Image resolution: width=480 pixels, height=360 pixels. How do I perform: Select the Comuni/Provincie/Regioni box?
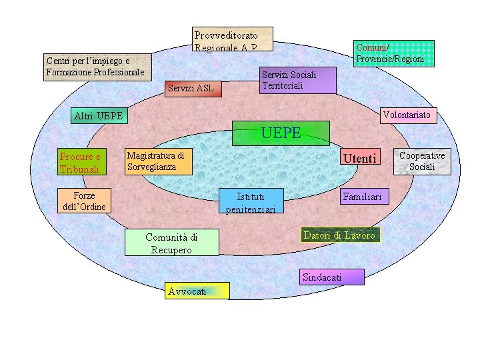393,53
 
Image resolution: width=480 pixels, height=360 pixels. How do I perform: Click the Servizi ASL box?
192,87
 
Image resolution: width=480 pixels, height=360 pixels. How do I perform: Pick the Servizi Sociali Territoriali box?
297,80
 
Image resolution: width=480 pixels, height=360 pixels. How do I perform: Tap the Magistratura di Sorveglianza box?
159,161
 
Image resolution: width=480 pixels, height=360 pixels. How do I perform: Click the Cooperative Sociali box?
421,161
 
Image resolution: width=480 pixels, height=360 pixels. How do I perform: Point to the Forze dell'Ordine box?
84,201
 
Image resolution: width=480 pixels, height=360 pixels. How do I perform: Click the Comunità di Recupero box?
171,243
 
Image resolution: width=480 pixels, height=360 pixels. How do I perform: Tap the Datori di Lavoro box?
340,235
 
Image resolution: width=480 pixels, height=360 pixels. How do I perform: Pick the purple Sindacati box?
332,277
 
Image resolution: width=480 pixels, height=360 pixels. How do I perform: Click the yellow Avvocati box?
197,291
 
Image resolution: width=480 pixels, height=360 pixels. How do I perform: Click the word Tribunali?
79,169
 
